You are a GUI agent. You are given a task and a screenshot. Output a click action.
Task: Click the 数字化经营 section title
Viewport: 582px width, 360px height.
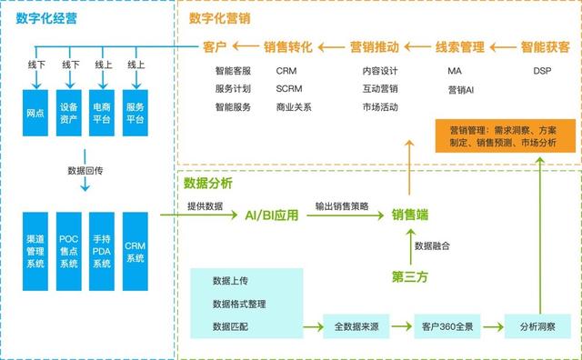(43, 18)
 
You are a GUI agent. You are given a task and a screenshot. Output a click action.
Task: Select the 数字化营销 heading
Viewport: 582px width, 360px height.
(219, 18)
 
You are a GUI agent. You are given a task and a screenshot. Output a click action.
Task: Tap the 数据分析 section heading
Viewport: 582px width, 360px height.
(208, 183)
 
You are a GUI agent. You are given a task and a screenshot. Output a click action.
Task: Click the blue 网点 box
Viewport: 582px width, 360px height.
(36, 118)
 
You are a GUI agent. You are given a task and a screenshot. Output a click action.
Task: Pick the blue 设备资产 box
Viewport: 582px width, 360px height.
(70, 118)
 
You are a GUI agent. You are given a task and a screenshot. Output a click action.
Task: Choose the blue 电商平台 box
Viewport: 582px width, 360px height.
(103, 118)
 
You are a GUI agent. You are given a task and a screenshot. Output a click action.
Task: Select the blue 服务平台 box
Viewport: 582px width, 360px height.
(135, 118)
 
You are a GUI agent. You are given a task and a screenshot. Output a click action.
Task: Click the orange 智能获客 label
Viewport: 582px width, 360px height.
(545, 45)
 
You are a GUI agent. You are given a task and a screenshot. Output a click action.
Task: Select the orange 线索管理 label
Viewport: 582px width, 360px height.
(459, 45)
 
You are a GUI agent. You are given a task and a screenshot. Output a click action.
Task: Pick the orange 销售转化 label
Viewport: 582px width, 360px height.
(287, 45)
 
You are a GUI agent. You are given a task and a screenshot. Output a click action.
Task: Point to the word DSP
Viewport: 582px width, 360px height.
(542, 70)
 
